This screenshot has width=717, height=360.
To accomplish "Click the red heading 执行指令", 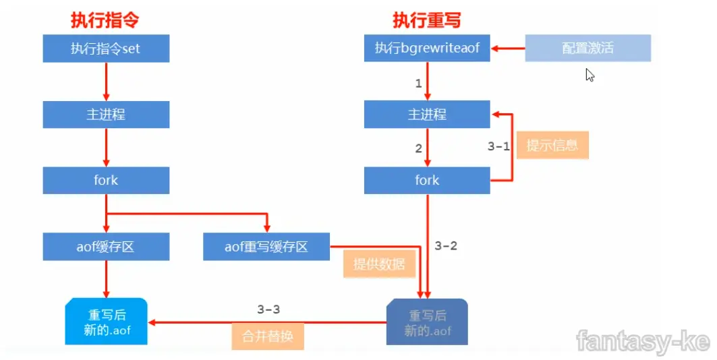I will pyautogui.click(x=105, y=20).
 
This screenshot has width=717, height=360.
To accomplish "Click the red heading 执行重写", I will pyautogui.click(x=427, y=20).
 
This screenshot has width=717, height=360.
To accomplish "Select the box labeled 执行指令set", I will pyautogui.click(x=106, y=49).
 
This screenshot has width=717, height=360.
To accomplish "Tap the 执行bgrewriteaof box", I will pyautogui.click(x=427, y=49).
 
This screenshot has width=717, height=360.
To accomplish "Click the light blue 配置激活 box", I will pyautogui.click(x=587, y=49).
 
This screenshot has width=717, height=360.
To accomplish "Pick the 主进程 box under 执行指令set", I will pyautogui.click(x=106, y=115).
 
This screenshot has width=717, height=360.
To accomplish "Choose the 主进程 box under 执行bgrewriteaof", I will pyautogui.click(x=427, y=115).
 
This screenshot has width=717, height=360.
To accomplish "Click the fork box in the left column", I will pyautogui.click(x=106, y=181).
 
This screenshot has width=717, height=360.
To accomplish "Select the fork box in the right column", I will pyautogui.click(x=427, y=181).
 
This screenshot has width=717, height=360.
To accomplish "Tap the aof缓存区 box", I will pyautogui.click(x=106, y=247).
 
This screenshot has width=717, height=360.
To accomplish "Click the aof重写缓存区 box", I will pyautogui.click(x=266, y=247).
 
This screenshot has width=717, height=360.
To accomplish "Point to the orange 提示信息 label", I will pyautogui.click(x=552, y=145).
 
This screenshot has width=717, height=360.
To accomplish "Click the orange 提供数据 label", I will pyautogui.click(x=379, y=264).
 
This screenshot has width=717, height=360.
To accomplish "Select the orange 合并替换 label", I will pyautogui.click(x=267, y=336).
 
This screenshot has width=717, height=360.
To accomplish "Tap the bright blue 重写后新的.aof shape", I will pyautogui.click(x=107, y=322).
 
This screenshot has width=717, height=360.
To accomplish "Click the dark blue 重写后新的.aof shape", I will pyautogui.click(x=427, y=322).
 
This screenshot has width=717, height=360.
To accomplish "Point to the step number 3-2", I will pyautogui.click(x=446, y=246).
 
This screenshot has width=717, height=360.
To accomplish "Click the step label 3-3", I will pyautogui.click(x=268, y=309).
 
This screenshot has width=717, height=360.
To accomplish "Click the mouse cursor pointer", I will pyautogui.click(x=589, y=74).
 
